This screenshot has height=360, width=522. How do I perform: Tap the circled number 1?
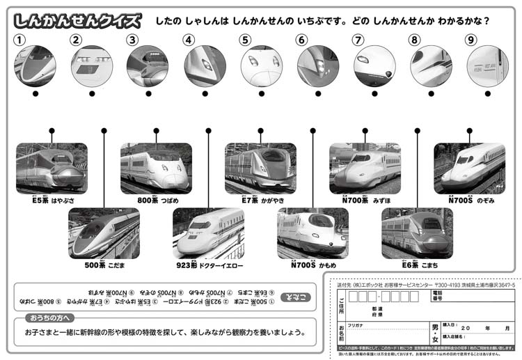click(x=21, y=40)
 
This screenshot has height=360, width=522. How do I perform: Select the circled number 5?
click(x=246, y=40)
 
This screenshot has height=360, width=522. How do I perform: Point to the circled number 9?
click(x=471, y=40)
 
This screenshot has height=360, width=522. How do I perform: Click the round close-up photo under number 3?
click(x=147, y=67)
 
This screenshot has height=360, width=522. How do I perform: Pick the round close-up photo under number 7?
click(x=374, y=67)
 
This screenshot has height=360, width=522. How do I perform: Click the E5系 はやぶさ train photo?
click(x=52, y=168)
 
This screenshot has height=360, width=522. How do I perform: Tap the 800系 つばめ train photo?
click(x=156, y=168)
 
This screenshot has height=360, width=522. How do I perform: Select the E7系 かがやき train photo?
click(x=260, y=168)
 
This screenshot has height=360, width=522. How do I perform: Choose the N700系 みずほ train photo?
click(x=365, y=168)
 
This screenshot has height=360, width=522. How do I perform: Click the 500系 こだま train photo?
click(x=104, y=233)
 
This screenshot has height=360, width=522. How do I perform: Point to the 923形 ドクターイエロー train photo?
click(x=208, y=233)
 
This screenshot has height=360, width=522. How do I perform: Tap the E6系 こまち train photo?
click(x=417, y=233)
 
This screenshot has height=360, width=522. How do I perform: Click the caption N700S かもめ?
click(x=313, y=265)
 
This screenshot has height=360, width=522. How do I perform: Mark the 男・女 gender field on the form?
click(x=434, y=328)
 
